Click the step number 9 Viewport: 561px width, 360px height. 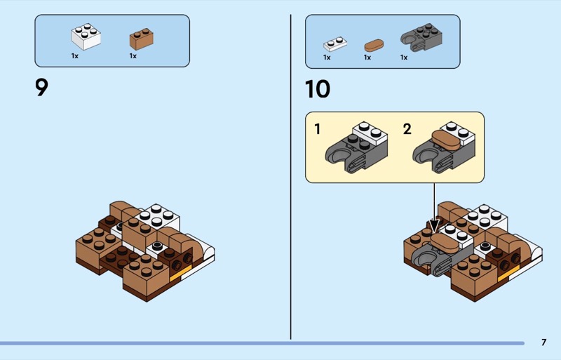(41, 88)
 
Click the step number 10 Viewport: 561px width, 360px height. (318, 89)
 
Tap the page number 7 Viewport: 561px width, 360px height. (544, 342)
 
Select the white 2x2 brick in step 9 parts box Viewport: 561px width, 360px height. (86, 36)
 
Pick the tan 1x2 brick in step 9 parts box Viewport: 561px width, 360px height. (142, 39)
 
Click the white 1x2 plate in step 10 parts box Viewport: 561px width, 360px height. (335, 44)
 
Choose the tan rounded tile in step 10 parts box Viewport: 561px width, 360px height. (374, 46)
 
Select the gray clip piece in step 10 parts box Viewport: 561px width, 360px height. (421, 38)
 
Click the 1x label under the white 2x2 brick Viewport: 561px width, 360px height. (75, 56)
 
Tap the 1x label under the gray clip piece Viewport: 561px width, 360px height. (404, 58)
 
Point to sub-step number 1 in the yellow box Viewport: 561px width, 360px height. (317, 129)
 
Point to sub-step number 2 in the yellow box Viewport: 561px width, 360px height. (407, 129)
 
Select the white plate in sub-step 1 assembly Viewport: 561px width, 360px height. (370, 133)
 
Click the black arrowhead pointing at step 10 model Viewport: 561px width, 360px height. (434, 226)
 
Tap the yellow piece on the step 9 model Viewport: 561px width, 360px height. (181, 273)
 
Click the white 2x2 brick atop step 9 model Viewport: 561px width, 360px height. (157, 218)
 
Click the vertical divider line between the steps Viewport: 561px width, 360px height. (290, 177)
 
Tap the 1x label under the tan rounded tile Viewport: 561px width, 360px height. (367, 58)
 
